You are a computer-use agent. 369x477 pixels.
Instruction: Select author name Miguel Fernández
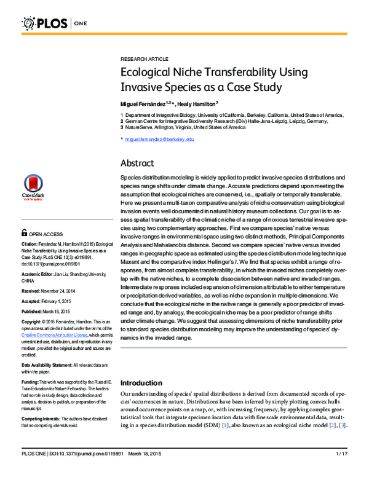[146, 104]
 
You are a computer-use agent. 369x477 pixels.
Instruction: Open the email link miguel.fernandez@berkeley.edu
[159, 140]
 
